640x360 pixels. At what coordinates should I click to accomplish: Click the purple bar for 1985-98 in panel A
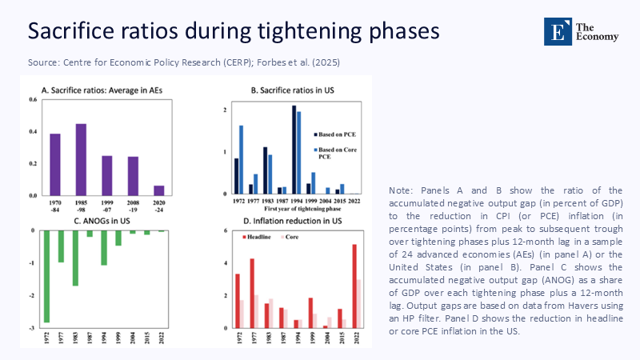click(81, 159)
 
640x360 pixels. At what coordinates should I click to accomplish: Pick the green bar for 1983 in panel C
click(75, 258)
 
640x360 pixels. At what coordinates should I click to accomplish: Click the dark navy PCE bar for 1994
click(294, 150)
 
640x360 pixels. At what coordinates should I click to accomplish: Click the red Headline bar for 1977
click(252, 293)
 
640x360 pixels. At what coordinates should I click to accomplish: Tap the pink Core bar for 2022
click(359, 303)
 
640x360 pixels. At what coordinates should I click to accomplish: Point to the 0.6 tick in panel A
click(33, 99)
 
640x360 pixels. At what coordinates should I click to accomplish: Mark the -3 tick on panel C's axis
click(34, 328)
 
